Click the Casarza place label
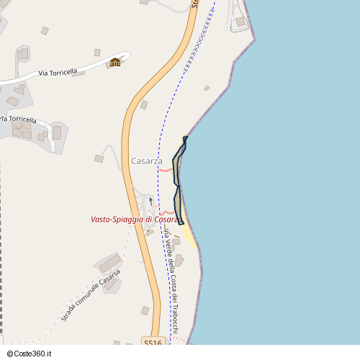[147, 161]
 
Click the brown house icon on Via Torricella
[115, 63]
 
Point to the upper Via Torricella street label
[58, 73]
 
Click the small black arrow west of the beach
[150, 199]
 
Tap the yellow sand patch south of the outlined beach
[189, 234]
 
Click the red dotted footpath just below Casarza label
[166, 170]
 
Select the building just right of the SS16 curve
[144, 105]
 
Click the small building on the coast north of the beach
[207, 88]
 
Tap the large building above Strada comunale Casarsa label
[110, 263]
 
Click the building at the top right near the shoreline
[240, 22]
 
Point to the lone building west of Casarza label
[99, 158]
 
